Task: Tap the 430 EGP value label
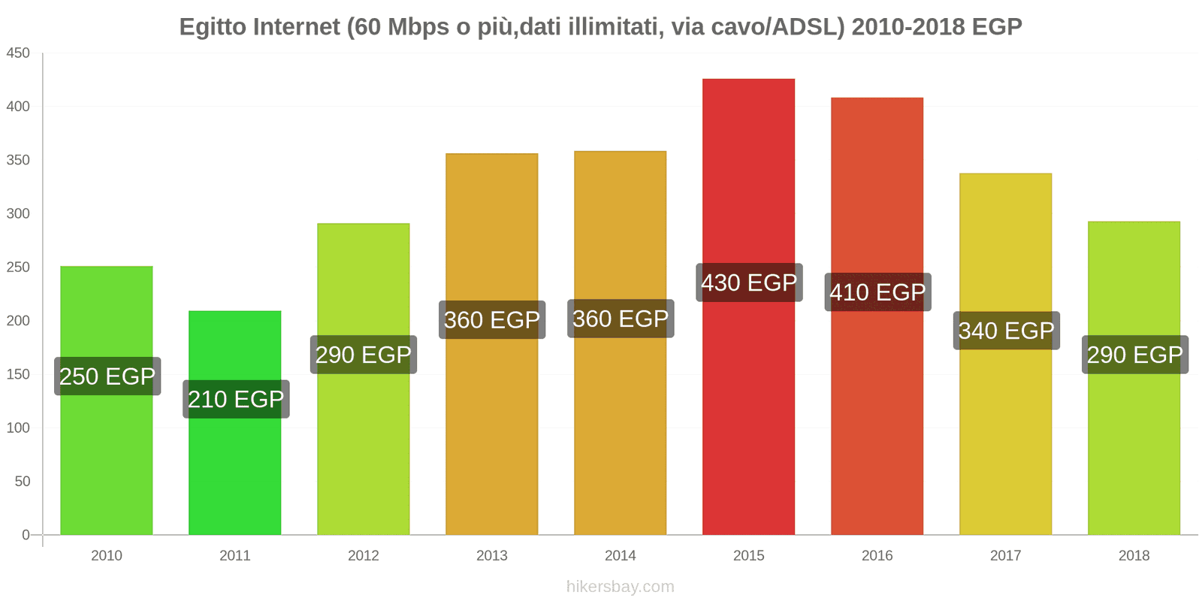(749, 282)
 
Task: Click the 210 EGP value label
(236, 399)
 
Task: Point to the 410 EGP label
(877, 291)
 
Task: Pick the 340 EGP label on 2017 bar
(1006, 331)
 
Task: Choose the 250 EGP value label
(107, 376)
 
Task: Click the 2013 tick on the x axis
(491, 555)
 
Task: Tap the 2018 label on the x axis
(1134, 555)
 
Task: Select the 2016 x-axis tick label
(877, 555)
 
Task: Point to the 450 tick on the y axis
(18, 53)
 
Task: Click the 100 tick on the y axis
(18, 427)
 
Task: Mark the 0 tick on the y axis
(26, 535)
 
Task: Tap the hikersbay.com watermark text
(620, 587)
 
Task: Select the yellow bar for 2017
(1005, 451)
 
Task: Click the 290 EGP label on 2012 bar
(364, 355)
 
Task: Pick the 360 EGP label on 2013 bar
(492, 320)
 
